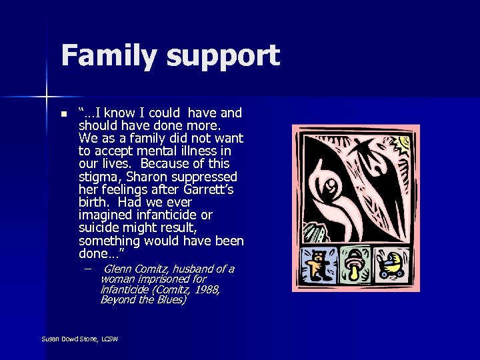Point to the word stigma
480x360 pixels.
point(98,177)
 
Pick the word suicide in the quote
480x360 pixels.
point(100,227)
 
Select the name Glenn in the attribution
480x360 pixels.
point(119,269)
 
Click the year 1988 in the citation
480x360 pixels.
point(203,289)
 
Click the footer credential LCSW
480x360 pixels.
point(109,339)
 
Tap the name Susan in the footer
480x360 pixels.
point(50,339)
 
